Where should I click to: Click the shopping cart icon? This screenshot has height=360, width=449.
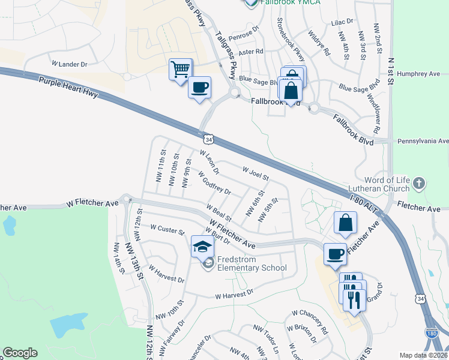click(x=180, y=70)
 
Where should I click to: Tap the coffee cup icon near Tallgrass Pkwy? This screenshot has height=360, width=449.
click(x=199, y=87)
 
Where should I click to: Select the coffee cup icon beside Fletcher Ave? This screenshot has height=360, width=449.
click(x=335, y=253)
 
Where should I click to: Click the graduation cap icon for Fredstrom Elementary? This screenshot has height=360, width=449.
click(x=202, y=246)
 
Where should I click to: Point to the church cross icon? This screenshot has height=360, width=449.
click(x=419, y=182)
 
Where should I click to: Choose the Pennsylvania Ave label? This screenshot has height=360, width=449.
click(x=423, y=141)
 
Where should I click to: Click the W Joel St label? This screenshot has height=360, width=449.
click(x=255, y=173)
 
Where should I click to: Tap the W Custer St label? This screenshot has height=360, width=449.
click(x=167, y=228)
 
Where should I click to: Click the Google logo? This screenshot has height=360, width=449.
click(x=20, y=353)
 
